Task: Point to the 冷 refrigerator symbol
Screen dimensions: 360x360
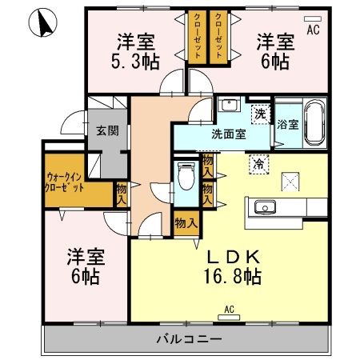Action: pos(260,162)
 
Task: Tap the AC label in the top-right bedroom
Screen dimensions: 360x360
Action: pos(313,30)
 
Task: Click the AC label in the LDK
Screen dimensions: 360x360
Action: pos(229,309)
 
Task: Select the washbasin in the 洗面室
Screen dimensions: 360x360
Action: pos(230,105)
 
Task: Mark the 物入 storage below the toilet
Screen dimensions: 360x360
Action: pos(186,223)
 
